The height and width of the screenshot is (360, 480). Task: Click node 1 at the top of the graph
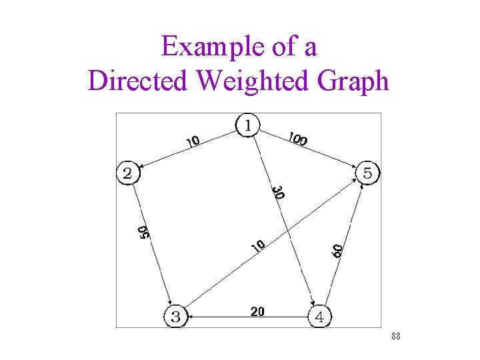(248, 125)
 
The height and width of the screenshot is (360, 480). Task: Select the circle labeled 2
(127, 173)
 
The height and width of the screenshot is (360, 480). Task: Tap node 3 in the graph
(175, 317)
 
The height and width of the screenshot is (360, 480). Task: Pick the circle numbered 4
(319, 317)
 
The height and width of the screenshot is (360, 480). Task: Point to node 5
(367, 173)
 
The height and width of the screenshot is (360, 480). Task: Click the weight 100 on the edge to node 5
(297, 139)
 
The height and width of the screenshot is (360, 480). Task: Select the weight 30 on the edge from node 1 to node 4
(279, 192)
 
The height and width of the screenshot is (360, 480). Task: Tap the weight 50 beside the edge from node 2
(143, 232)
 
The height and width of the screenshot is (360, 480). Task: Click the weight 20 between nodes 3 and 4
(257, 311)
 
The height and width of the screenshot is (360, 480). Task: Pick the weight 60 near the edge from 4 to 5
(337, 251)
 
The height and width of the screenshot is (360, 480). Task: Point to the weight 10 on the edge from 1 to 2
(193, 141)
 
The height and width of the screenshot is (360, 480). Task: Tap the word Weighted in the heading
(257, 81)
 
